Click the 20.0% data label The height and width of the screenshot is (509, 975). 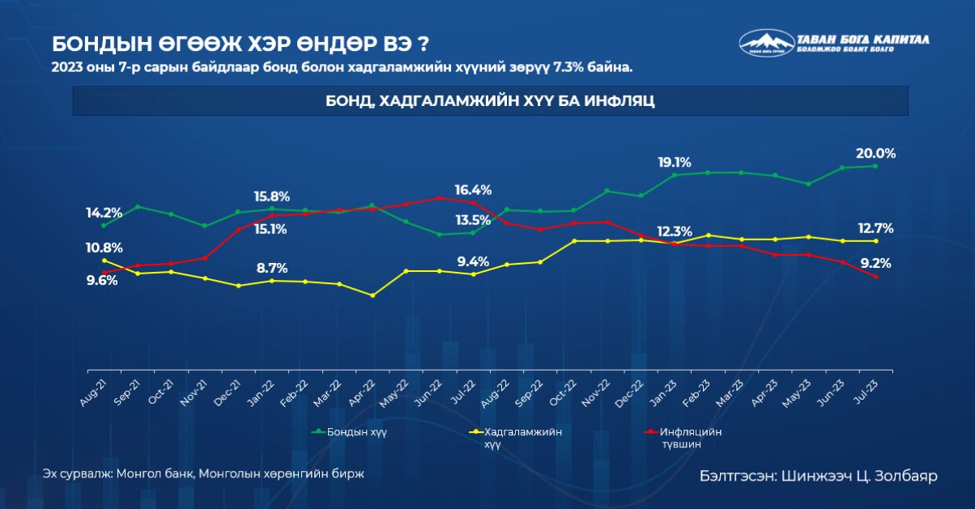tap(875, 154)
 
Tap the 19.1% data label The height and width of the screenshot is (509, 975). tap(674, 162)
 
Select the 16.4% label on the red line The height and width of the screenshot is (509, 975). tap(473, 190)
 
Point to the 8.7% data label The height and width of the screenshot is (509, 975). tap(271, 269)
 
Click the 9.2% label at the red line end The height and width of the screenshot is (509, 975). tap(875, 262)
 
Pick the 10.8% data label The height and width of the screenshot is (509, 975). tap(104, 248)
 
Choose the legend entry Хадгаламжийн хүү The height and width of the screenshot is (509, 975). tap(522, 432)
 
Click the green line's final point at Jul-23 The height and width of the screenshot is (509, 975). tap(875, 166)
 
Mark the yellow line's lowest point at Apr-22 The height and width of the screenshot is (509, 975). tap(372, 295)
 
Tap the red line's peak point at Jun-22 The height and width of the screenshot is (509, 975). tap(439, 197)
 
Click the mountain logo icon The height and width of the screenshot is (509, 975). tap(765, 42)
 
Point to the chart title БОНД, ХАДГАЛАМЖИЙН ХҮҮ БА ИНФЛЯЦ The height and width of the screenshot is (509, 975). tap(490, 101)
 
